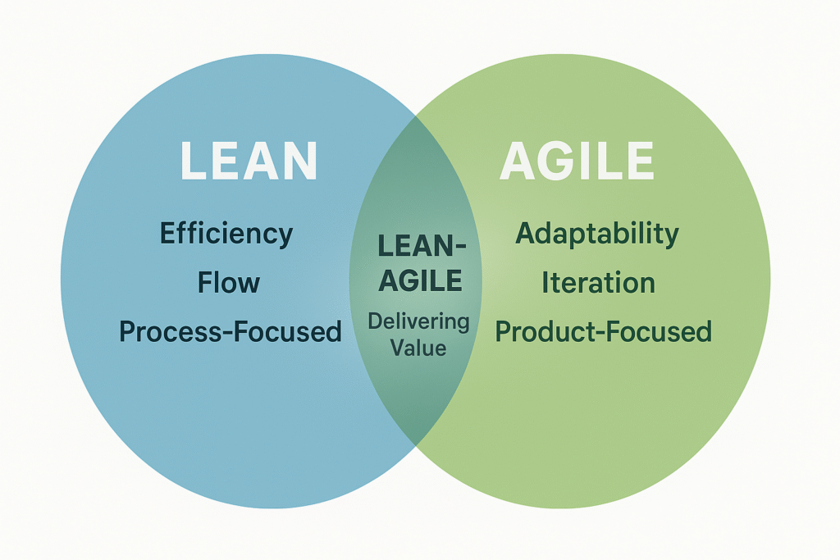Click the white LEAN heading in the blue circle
[x=249, y=161]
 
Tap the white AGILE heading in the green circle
[x=577, y=161]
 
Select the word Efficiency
[x=226, y=234]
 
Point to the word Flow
[x=229, y=283]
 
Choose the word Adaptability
[x=597, y=234]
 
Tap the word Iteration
[x=598, y=283]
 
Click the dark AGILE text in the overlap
[x=418, y=281]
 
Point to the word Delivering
[x=418, y=321]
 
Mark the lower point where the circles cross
[x=416, y=444]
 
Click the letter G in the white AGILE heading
[x=559, y=161]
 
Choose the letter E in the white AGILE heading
[x=638, y=161]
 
